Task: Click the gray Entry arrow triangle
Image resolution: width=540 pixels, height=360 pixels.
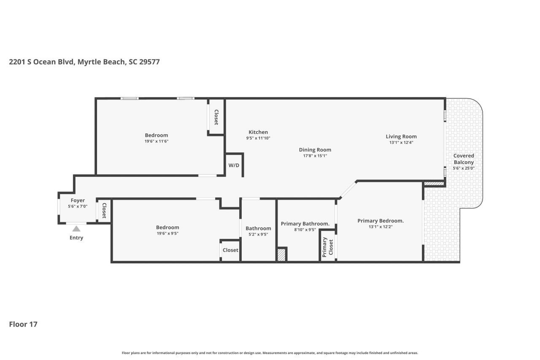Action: pyautogui.click(x=76, y=229)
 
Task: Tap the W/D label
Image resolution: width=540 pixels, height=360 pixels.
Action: pyautogui.click(x=234, y=165)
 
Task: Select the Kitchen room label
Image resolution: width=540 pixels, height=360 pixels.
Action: pyautogui.click(x=258, y=132)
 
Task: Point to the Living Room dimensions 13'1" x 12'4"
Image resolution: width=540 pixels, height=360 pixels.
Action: pyautogui.click(x=401, y=143)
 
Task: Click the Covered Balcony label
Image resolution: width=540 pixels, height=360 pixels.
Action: pyautogui.click(x=464, y=159)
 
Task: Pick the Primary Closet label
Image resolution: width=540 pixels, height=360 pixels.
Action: pyautogui.click(x=328, y=247)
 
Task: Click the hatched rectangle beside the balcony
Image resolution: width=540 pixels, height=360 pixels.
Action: pyautogui.click(x=434, y=184)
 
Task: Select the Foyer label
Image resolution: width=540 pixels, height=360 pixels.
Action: pyautogui.click(x=78, y=200)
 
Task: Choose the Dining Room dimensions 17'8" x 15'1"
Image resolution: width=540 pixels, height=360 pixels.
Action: pyautogui.click(x=315, y=156)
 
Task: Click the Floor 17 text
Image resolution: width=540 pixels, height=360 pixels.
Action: pyautogui.click(x=23, y=324)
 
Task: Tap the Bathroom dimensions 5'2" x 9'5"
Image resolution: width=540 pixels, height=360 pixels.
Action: pyautogui.click(x=258, y=235)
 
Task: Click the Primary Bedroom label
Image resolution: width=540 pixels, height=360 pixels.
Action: pyautogui.click(x=381, y=221)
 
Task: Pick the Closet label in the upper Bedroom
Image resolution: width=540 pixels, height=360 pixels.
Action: pyautogui.click(x=216, y=117)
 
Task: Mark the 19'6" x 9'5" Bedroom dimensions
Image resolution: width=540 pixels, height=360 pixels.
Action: pyautogui.click(x=167, y=234)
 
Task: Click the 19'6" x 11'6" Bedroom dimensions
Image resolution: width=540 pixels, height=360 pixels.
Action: pyautogui.click(x=157, y=141)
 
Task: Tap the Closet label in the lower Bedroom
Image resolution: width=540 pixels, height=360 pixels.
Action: pyautogui.click(x=230, y=250)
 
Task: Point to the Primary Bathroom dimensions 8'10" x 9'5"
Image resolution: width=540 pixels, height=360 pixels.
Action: pyautogui.click(x=305, y=230)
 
